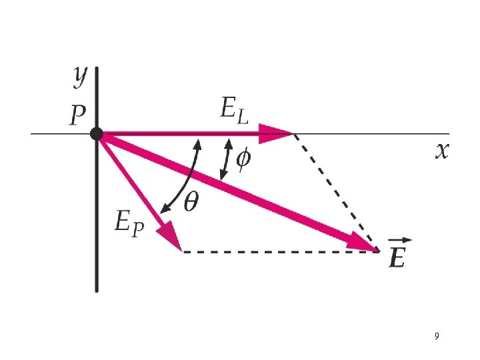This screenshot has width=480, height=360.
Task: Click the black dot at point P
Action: click(97, 134)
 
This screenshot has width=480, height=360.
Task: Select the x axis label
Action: click(442, 152)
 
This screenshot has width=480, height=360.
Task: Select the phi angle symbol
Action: click(244, 159)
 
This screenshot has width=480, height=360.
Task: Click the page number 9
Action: click(436, 336)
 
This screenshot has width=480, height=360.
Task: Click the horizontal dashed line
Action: click(280, 251)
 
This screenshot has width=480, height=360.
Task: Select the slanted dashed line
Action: click(337, 193)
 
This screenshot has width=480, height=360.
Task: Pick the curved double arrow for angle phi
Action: click(227, 159)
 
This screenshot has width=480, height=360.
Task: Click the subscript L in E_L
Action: click(244, 117)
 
